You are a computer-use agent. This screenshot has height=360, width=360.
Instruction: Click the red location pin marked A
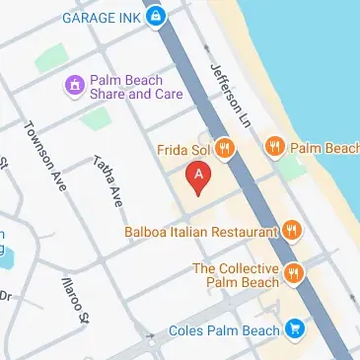tap(199, 177)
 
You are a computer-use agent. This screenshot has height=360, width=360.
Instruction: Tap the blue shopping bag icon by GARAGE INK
tap(155, 17)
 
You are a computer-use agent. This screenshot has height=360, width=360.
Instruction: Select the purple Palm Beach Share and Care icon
tap(73, 87)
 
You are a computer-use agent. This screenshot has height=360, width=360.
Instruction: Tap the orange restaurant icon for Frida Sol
tap(225, 149)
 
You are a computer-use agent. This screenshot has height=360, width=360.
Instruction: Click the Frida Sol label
tap(183, 149)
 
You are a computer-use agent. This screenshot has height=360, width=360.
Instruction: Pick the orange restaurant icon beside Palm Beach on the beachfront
tap(277, 148)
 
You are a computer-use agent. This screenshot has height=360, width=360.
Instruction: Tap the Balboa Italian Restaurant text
tap(196, 232)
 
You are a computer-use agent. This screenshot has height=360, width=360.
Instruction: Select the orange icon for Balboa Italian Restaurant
tap(290, 231)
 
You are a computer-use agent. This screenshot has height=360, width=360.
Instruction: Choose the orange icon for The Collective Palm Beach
tap(293, 273)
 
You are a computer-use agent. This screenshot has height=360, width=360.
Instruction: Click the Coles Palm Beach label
tap(223, 329)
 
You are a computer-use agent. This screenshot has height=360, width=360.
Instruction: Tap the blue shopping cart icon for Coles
tap(294, 328)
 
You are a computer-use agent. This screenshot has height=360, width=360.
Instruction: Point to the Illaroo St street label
tap(74, 297)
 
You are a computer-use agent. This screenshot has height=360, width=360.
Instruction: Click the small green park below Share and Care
tap(97, 119)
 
